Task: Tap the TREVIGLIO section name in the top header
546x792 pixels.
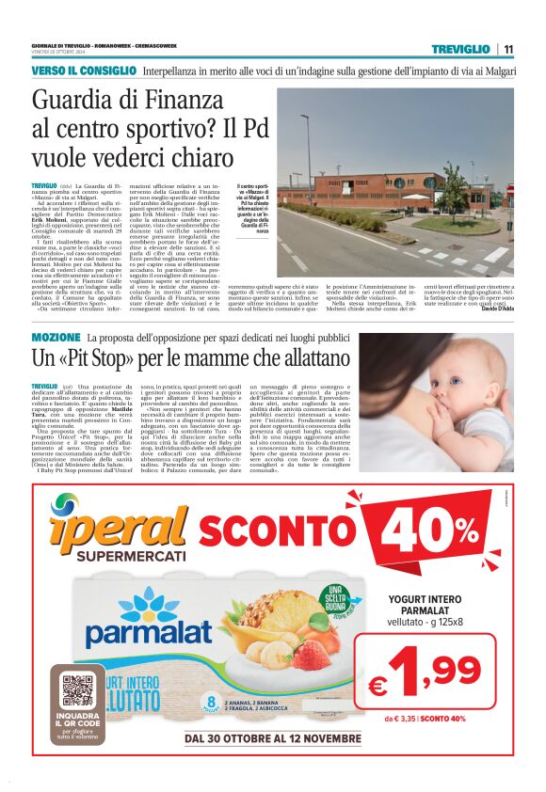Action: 460,49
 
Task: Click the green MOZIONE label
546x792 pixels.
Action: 56,337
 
